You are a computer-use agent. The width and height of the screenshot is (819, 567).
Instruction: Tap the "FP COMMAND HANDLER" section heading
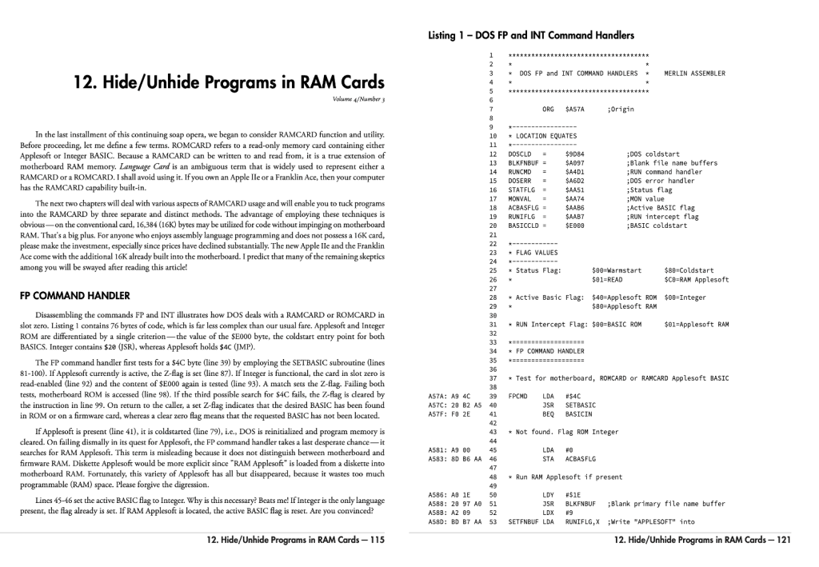[x=70, y=295]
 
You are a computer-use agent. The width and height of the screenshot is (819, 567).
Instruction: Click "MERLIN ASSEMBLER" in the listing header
[x=694, y=74]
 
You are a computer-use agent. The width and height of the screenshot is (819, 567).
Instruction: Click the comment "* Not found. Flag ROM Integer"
[x=568, y=432]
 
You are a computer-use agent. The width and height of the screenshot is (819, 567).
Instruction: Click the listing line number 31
[x=493, y=324]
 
